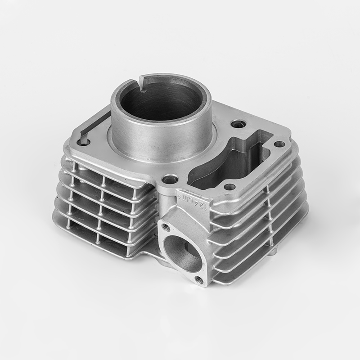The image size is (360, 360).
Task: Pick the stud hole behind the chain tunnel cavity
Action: (x=237, y=123)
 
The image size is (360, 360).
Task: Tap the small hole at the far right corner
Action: (x=279, y=144)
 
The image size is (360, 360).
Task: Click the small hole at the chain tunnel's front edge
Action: (x=230, y=186)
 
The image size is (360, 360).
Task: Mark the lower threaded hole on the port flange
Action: (x=198, y=280)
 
